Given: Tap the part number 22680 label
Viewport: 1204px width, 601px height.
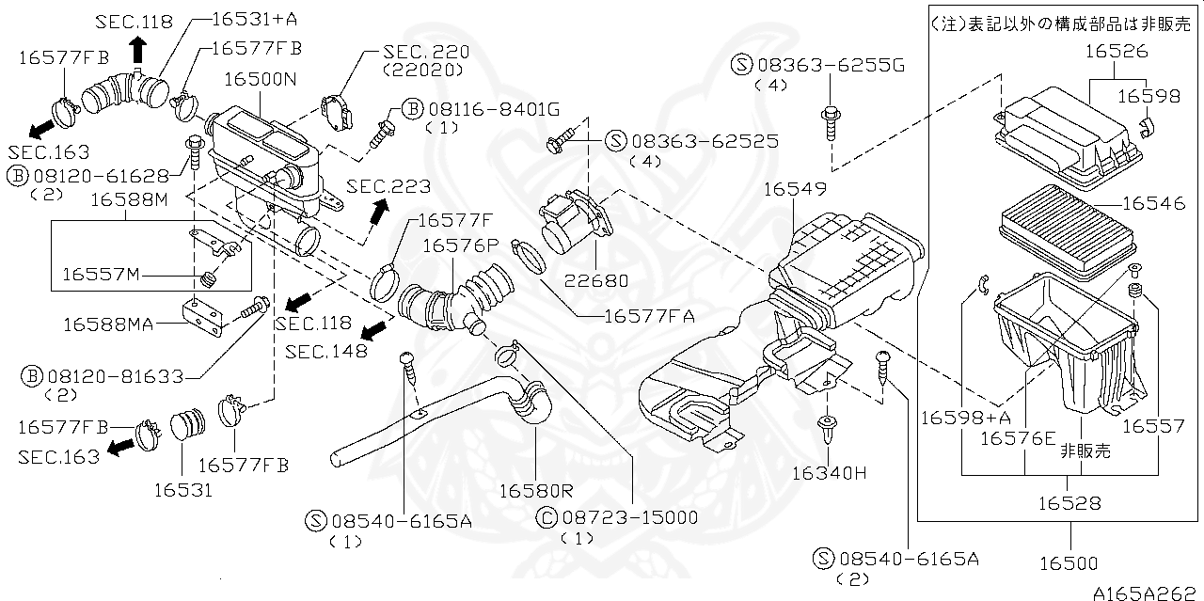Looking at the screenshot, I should (594, 280).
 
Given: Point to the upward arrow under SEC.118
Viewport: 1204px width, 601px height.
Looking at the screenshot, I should (138, 47).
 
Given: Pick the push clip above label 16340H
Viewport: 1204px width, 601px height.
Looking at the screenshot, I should (827, 431).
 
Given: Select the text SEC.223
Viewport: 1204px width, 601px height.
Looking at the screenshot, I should (388, 186).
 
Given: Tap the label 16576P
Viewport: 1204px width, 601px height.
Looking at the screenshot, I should (460, 246).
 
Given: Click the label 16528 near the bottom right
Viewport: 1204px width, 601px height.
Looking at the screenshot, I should (1069, 503).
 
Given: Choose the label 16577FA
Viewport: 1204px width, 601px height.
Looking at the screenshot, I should (649, 316).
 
